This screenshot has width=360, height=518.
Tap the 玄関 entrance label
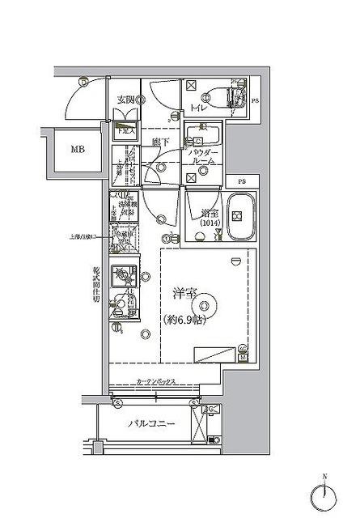[x=125, y=100]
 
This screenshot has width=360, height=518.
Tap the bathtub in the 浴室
[x=239, y=216]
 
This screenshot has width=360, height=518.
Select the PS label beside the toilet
[x=256, y=100]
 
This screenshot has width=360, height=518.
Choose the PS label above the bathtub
[x=241, y=181]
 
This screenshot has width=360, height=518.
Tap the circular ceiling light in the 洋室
[x=206, y=306]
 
